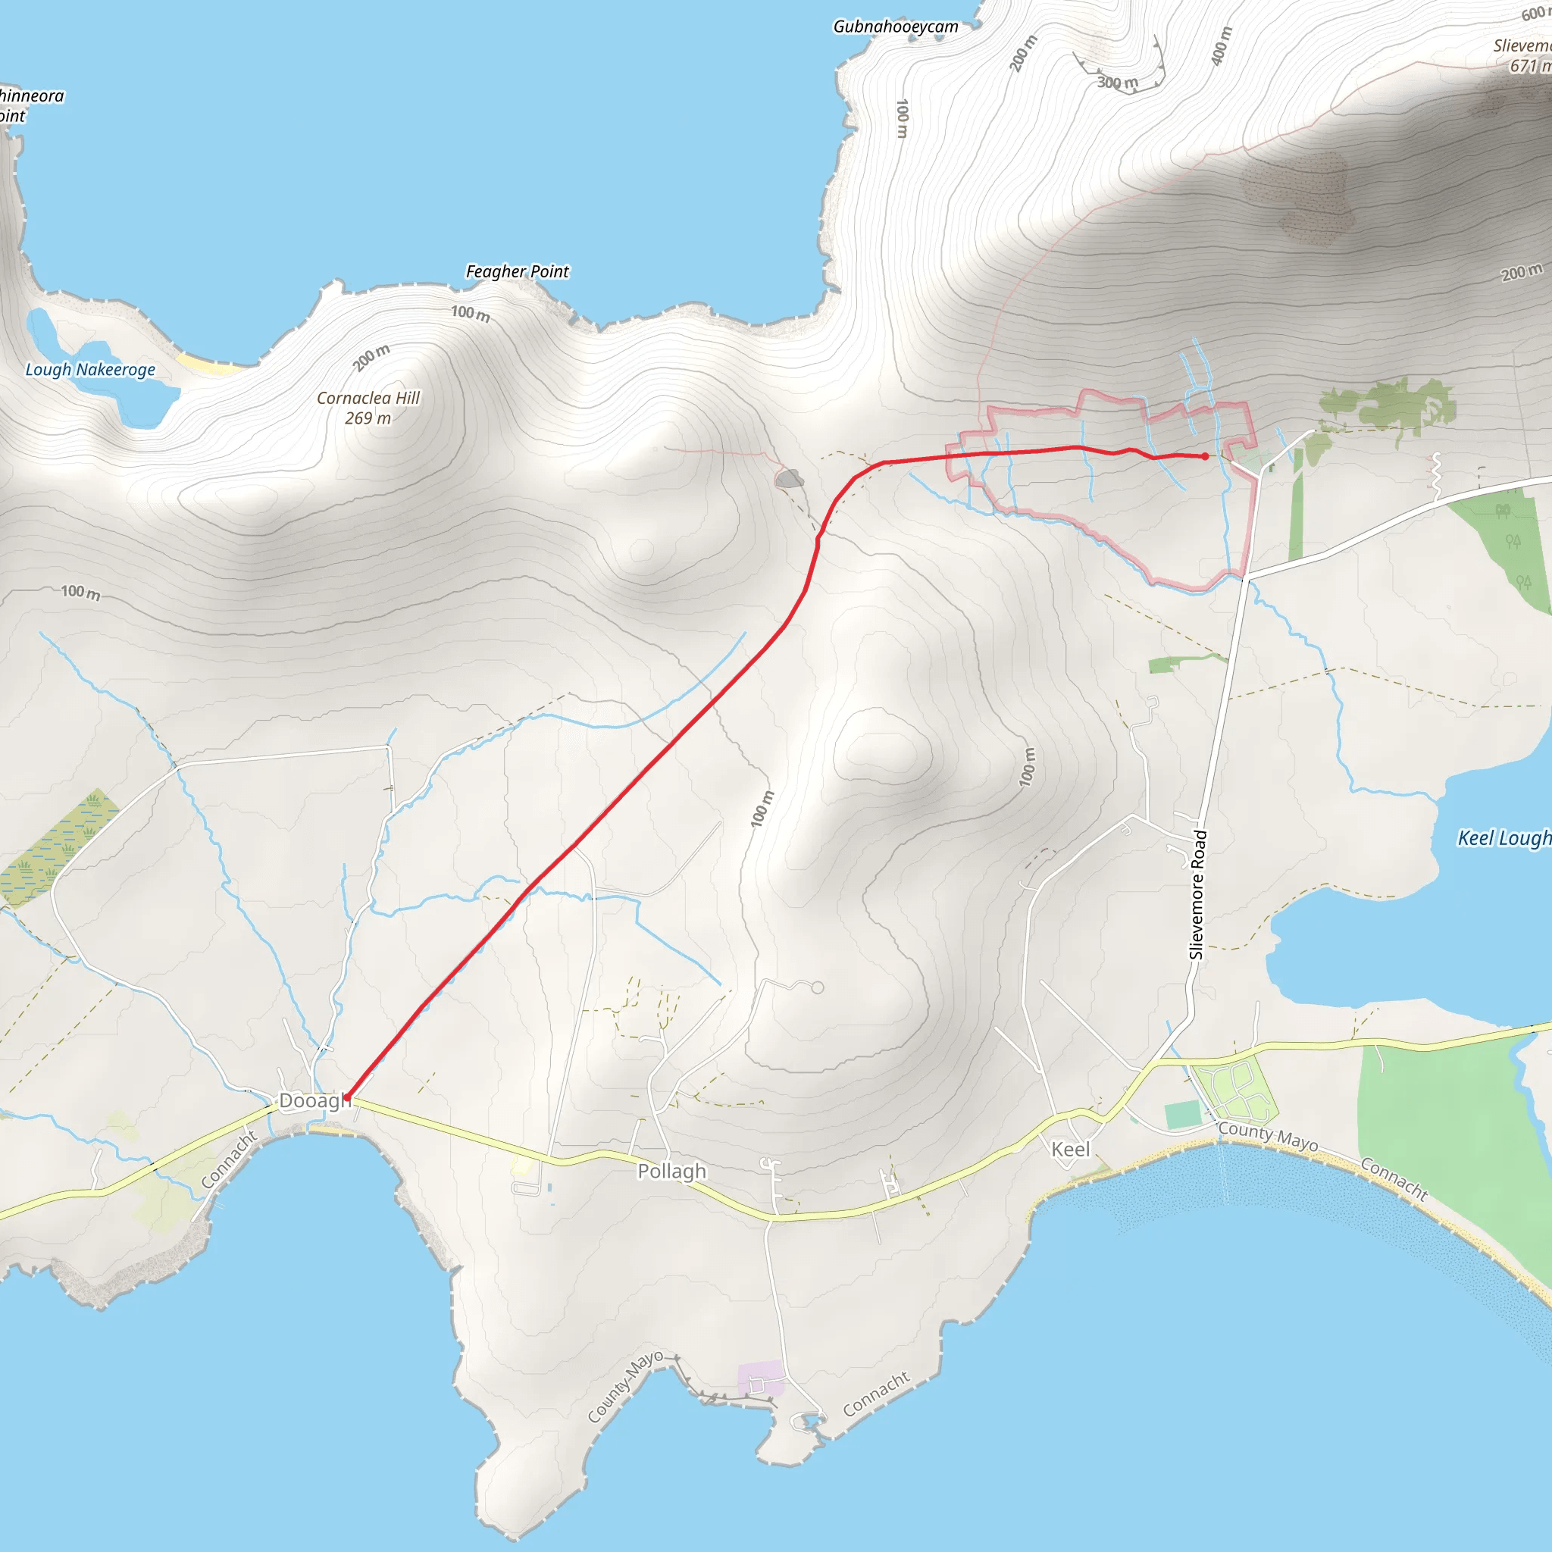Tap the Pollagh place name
pyautogui.click(x=671, y=1172)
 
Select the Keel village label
pyautogui.click(x=1071, y=1150)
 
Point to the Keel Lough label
pyautogui.click(x=1503, y=838)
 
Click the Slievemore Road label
pyautogui.click(x=1197, y=894)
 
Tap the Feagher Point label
pyautogui.click(x=518, y=271)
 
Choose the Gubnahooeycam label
pyautogui.click(x=896, y=27)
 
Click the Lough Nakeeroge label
pyautogui.click(x=90, y=370)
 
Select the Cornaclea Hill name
pyautogui.click(x=368, y=398)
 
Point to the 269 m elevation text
pyautogui.click(x=368, y=418)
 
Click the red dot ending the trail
pyautogui.click(x=1205, y=456)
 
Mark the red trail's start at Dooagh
pyautogui.click(x=346, y=1097)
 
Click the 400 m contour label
pyautogui.click(x=1220, y=46)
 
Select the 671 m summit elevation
pyautogui.click(x=1529, y=66)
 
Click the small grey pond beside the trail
pyautogui.click(x=790, y=480)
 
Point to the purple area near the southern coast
pyautogui.click(x=760, y=1378)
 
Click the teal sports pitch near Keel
pyautogui.click(x=1182, y=1115)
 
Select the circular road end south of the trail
pyautogui.click(x=817, y=988)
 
